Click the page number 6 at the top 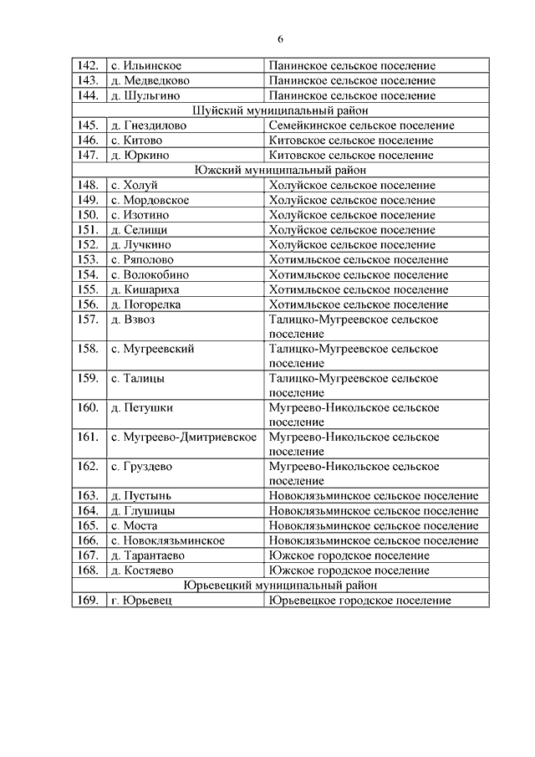(x=281, y=39)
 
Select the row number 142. (x=87, y=65)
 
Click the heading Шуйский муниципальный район (x=280, y=110)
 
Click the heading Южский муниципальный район (x=280, y=170)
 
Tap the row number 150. (x=87, y=215)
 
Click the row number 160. (x=87, y=408)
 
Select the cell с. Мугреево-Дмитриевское (x=183, y=437)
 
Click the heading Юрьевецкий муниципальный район (x=280, y=586)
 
